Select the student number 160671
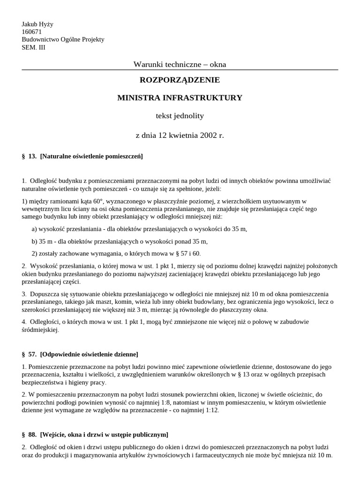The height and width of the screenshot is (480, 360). (x=32, y=32)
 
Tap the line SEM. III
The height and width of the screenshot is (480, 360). (x=34, y=47)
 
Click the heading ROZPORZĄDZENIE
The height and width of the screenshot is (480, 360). (x=180, y=80)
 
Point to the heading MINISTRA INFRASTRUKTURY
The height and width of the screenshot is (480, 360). (x=180, y=98)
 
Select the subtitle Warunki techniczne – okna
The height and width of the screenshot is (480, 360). (x=180, y=64)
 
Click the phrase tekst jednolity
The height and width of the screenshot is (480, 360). (x=180, y=115)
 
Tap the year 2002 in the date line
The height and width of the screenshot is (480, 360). (x=209, y=135)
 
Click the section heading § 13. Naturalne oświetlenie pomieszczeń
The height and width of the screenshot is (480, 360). (x=82, y=156)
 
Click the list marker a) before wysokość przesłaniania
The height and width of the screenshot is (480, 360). (x=34, y=229)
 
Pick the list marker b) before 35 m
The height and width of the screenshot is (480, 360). (x=35, y=241)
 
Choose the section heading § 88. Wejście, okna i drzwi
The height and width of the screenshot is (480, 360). (x=95, y=435)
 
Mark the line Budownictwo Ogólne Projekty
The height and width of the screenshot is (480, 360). (x=63, y=39)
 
